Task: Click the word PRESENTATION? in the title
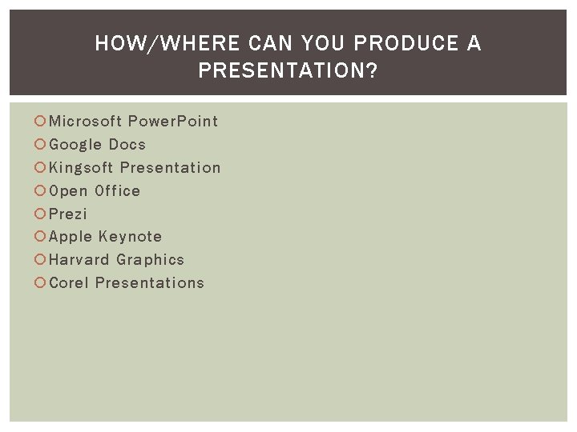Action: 288,72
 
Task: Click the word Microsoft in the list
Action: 85,122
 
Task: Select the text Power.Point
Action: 173,122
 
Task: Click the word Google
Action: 75,145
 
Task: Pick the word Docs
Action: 127,145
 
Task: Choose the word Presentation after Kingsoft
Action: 170,168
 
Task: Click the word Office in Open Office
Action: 117,191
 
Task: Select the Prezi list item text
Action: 68,214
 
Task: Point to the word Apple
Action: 71,237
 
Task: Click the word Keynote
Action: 131,237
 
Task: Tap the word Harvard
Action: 79,260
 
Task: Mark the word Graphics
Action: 150,260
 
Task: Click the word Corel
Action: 69,283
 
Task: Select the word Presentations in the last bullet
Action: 150,283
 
